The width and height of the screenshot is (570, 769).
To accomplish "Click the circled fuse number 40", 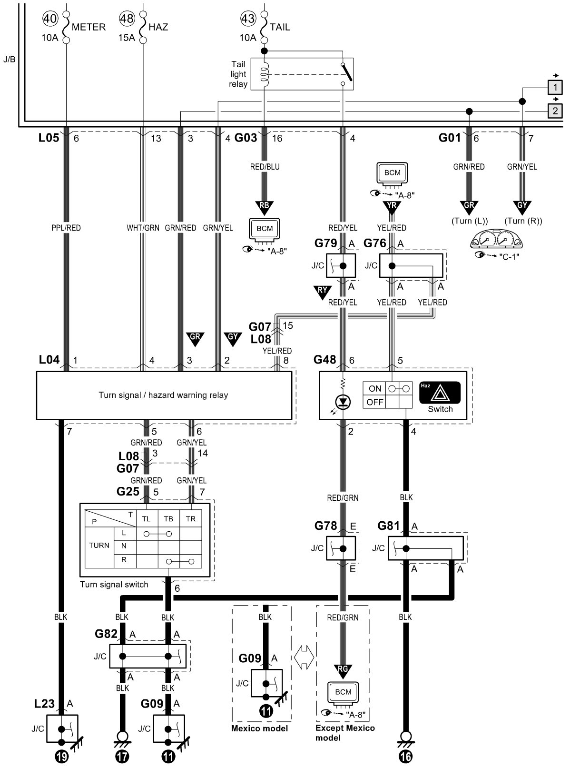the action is point(50,19).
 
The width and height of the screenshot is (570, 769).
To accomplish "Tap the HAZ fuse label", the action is point(158,27).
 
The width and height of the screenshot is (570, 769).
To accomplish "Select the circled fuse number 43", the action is point(248,19).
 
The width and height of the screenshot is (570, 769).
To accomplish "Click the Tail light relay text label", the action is point(238,74).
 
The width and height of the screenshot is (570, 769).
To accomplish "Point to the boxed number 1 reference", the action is point(555,87).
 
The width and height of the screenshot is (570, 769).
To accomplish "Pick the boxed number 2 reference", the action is point(555,111).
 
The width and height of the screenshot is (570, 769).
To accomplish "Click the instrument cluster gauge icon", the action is point(496,239).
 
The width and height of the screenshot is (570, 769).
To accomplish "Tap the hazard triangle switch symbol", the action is point(440,393).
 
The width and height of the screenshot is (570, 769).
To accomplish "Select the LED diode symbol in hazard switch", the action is point(343,402).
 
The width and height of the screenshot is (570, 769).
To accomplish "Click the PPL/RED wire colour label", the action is point(66,228).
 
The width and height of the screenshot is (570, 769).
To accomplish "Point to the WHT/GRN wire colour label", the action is point(143,228).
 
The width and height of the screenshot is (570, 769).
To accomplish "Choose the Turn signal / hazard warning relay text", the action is point(164,395).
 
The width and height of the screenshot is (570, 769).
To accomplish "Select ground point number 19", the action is point(62,756).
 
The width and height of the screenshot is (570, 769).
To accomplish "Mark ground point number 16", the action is point(405,756).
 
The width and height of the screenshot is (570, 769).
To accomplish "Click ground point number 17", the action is point(122,756).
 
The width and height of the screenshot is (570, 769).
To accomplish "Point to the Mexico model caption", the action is point(259,728).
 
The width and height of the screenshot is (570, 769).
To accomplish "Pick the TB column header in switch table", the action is point(168,519).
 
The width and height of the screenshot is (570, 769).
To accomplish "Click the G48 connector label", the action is point(324,360).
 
